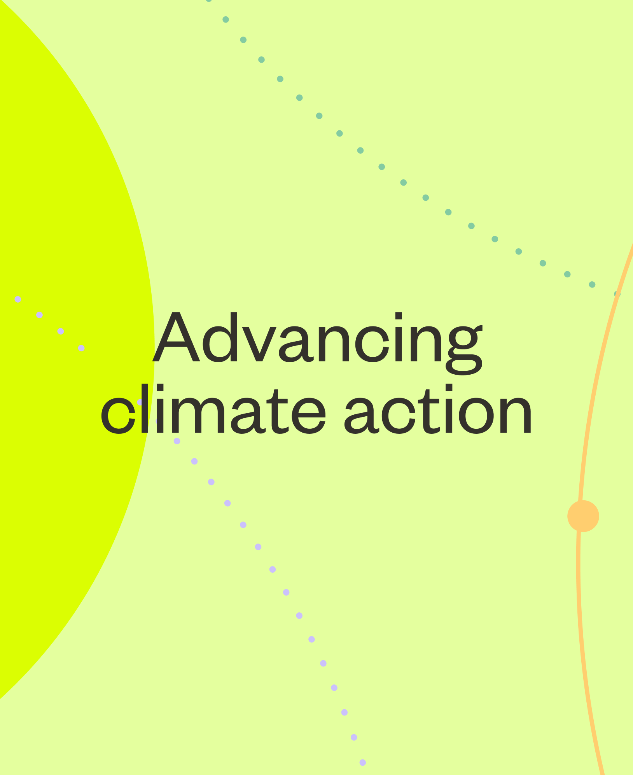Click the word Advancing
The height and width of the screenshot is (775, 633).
(x=318, y=342)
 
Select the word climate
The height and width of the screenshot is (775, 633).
(x=213, y=409)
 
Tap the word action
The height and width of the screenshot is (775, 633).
(x=438, y=409)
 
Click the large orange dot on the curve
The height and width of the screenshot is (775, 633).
(x=583, y=516)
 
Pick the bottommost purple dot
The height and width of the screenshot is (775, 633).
(x=363, y=762)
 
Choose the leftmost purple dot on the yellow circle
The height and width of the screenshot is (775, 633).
(x=18, y=299)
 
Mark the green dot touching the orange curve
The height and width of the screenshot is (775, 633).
(x=617, y=294)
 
